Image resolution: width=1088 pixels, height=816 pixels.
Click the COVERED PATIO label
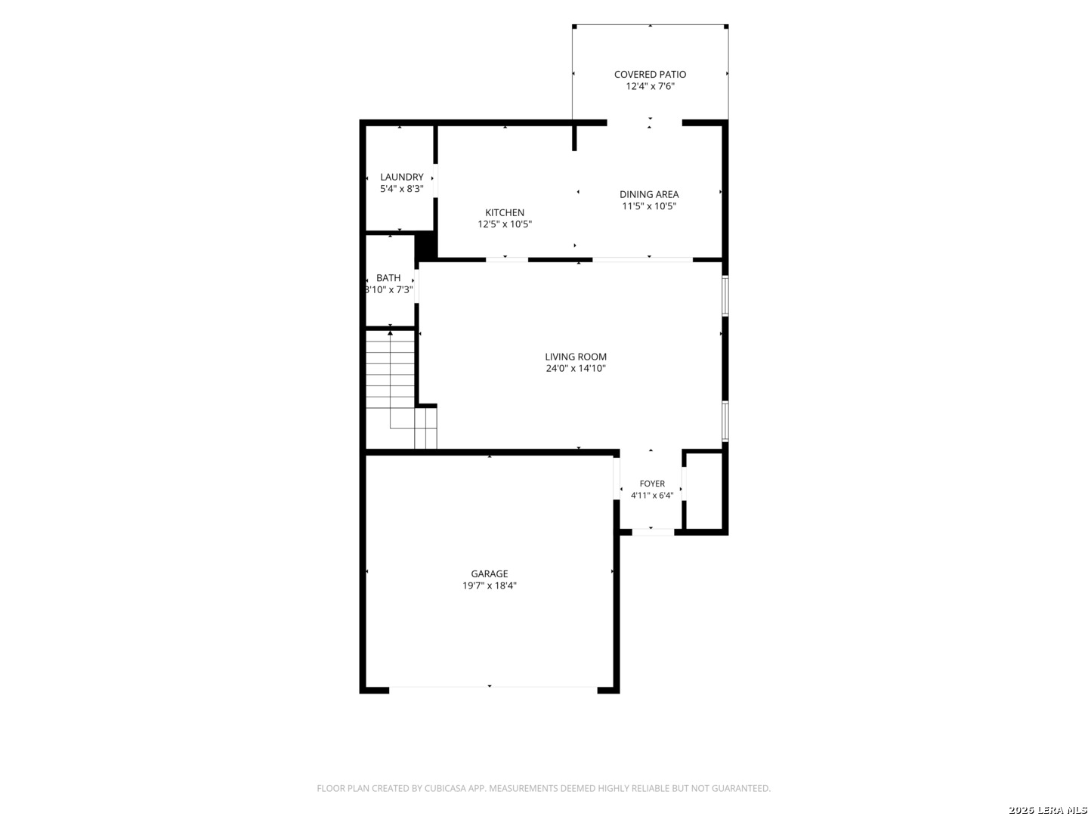coord(650,74)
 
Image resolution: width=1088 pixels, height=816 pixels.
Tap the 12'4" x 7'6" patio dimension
coord(650,86)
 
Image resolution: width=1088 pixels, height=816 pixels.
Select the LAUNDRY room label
coord(401,177)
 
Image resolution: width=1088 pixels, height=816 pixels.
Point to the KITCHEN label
coord(505,212)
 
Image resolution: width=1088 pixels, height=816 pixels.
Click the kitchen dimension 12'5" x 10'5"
coord(505,224)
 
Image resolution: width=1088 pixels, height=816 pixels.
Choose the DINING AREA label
coord(649,194)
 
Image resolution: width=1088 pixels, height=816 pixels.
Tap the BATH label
coord(388,278)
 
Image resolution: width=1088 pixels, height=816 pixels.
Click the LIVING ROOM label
coord(576,357)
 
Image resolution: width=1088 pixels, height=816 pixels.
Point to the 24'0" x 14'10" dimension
coord(576,368)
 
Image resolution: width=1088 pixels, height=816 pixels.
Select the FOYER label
coord(652,484)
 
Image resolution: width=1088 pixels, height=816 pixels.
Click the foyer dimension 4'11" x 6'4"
coord(652,495)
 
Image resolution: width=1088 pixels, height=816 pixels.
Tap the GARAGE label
coord(490,573)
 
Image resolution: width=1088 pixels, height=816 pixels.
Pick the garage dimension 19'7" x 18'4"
coord(490,585)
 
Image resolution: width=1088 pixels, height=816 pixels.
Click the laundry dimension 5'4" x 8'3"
coord(401,189)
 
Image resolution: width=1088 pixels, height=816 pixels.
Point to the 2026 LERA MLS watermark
coord(1047,810)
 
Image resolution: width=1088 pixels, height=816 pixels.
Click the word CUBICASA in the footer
coord(444,788)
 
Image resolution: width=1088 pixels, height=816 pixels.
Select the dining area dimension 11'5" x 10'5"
coord(649,206)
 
